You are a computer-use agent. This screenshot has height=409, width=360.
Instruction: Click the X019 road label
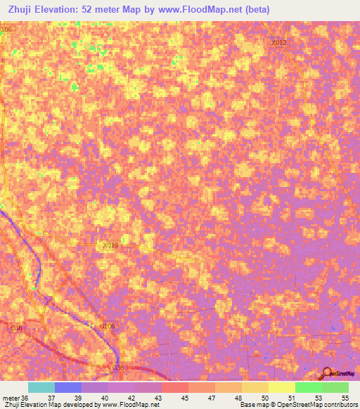tap(110, 245)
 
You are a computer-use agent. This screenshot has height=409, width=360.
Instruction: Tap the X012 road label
tap(279, 43)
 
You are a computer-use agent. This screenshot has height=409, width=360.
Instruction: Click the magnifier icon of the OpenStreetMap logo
tap(327, 374)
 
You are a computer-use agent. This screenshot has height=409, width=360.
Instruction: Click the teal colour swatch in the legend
tap(41, 387)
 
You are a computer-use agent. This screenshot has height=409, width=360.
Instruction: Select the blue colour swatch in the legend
tap(68, 387)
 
